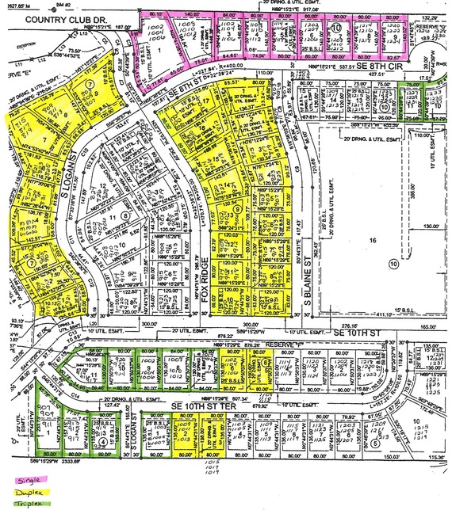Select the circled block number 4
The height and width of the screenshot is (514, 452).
[x=103, y=444]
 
